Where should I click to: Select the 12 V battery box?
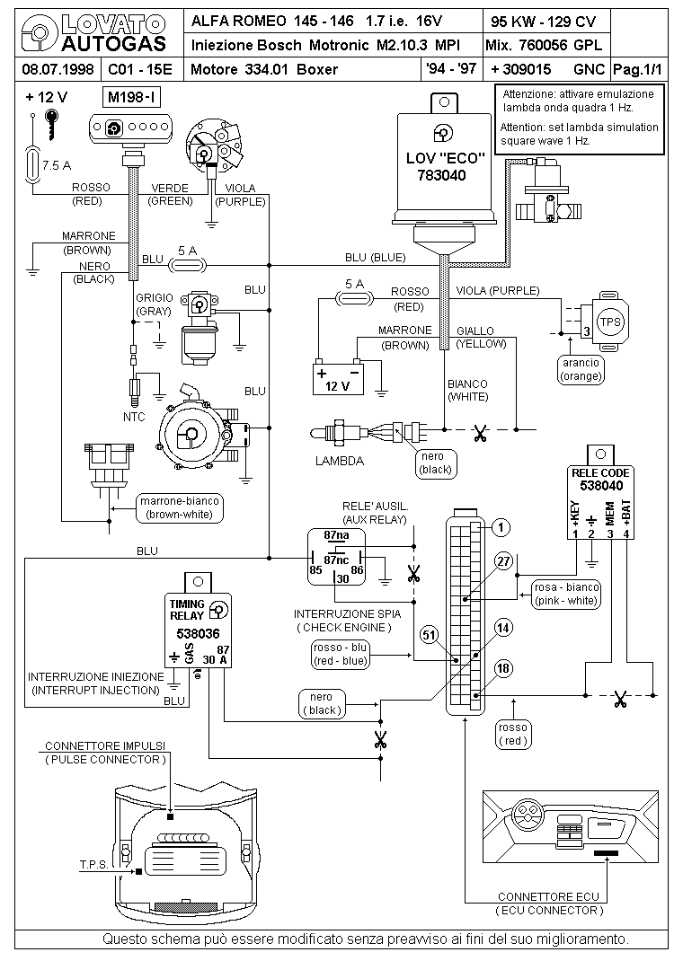coord(336,377)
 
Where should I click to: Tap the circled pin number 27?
coord(503,561)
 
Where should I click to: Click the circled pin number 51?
coord(430,634)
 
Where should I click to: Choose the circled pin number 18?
coord(503,667)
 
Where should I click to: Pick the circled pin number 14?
coord(503,628)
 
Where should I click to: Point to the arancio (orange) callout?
coord(580,369)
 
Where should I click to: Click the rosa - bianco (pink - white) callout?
coord(566,593)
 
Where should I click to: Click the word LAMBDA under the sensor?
coord(339,461)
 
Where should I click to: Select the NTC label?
coord(133,417)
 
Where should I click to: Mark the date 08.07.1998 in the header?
coord(52,69)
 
